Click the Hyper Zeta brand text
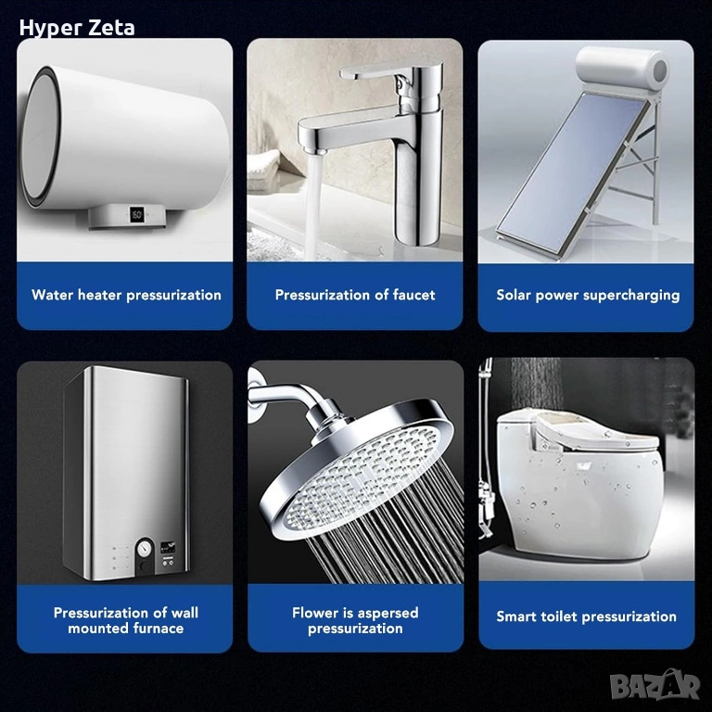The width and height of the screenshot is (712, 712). point(77,28)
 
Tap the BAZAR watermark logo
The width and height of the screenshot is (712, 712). point(655,685)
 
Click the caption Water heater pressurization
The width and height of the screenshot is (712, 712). point(126,295)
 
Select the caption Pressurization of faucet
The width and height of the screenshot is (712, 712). point(355,295)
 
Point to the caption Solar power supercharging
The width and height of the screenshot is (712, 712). point(588,296)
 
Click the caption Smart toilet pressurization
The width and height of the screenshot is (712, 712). point(586,617)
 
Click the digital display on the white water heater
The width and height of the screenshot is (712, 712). point(136,214)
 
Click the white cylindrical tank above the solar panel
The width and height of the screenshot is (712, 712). point(623,68)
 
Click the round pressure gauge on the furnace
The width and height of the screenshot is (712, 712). point(145,548)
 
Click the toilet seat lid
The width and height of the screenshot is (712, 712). point(595,431)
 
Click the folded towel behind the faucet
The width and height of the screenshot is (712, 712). point(264,171)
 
